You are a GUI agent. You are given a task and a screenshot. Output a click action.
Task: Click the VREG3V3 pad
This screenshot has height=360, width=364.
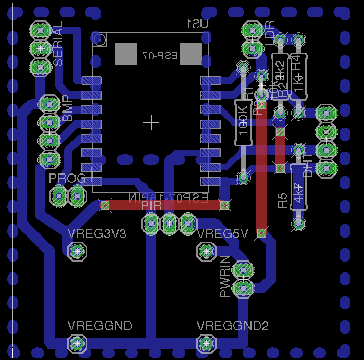(x=77, y=252)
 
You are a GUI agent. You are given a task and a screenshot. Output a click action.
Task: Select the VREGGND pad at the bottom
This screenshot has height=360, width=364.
(x=77, y=343)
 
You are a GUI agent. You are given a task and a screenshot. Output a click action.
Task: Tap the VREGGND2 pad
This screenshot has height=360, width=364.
(x=207, y=343)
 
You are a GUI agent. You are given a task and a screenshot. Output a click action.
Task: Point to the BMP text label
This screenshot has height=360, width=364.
(x=68, y=109)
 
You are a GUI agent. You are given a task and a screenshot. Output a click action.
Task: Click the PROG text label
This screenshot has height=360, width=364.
(x=67, y=179)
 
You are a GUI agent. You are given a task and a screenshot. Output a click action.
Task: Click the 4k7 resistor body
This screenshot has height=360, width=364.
(x=298, y=187)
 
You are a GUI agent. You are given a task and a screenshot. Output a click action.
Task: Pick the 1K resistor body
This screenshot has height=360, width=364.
(x=299, y=77)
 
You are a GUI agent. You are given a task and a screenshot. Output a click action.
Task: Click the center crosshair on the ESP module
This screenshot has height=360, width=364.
(x=151, y=122)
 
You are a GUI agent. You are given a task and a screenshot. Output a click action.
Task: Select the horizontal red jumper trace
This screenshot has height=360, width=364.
(x=165, y=206)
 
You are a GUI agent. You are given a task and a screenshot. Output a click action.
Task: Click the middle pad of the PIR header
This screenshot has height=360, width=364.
(x=169, y=224)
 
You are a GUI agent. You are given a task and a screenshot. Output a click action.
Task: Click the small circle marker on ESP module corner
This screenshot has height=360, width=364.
(x=101, y=39)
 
